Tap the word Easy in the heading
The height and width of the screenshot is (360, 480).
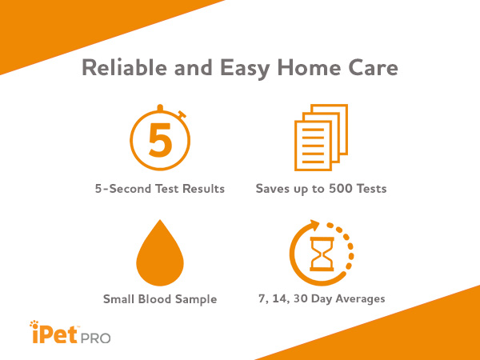coord(246,68)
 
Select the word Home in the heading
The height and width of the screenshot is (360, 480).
coord(314,68)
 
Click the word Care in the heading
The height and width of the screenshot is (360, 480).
coord(374,68)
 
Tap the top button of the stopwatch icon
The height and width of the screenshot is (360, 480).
coord(160,106)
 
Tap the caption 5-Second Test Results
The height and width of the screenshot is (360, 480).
coord(159,190)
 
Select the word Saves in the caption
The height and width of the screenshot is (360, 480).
coord(274,190)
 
